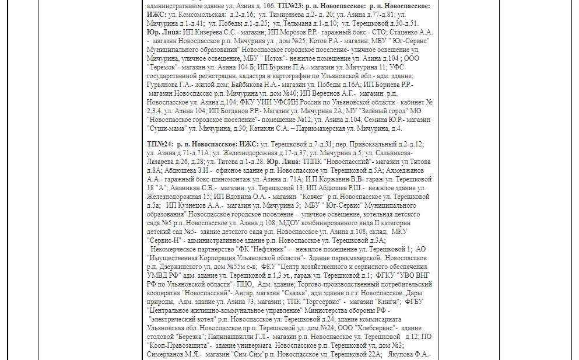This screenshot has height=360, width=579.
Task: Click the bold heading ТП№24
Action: [159, 144]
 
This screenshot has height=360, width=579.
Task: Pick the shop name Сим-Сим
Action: [244, 354]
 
